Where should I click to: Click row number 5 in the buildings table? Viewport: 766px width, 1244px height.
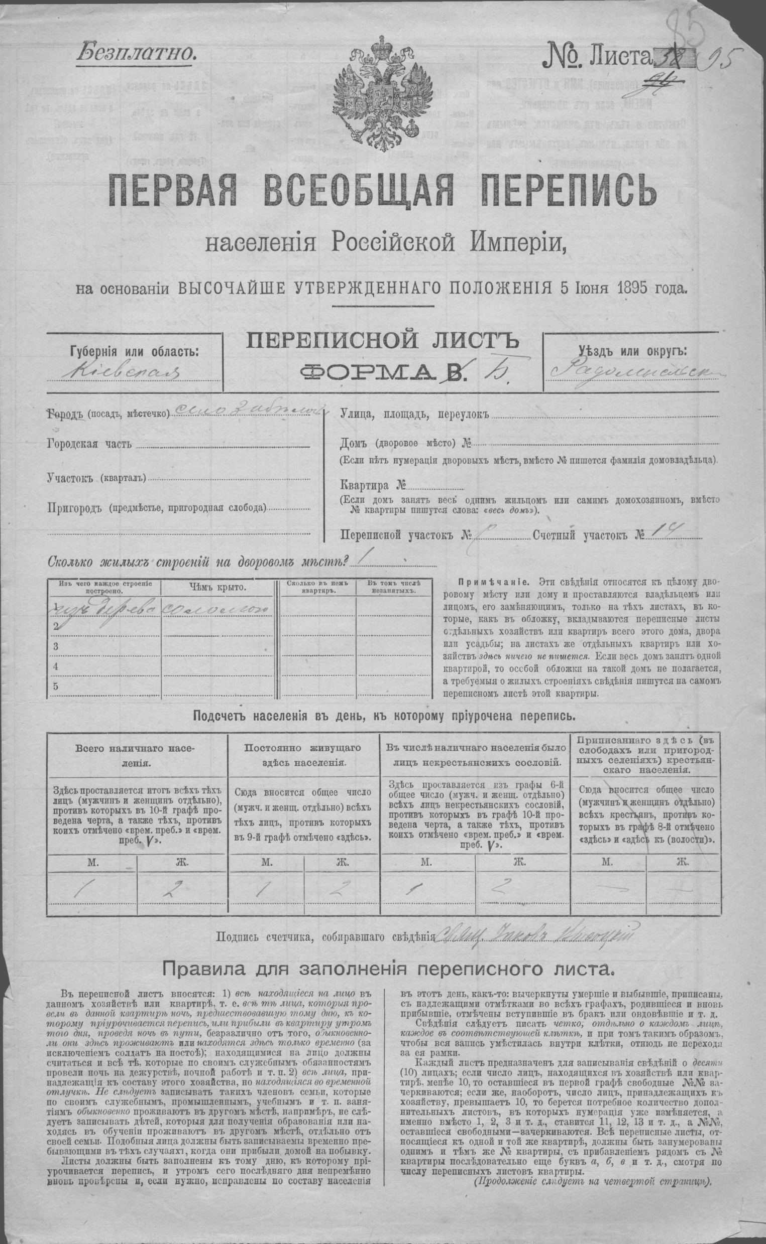pyautogui.click(x=55, y=686)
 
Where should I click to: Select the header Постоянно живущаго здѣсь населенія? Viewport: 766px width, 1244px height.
pyautogui.click(x=304, y=754)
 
